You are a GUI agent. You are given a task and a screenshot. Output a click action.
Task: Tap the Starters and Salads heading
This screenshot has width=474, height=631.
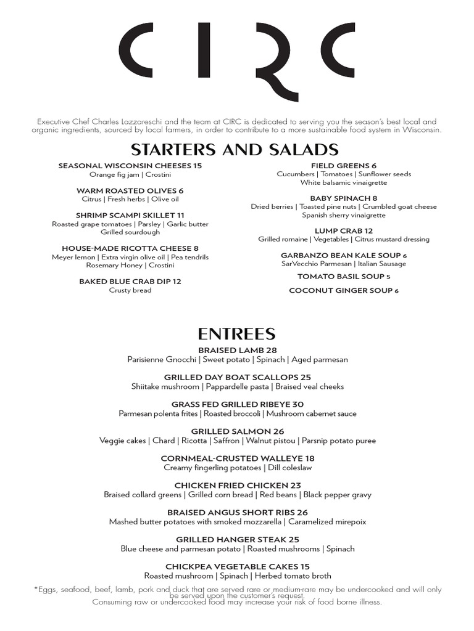(235, 149)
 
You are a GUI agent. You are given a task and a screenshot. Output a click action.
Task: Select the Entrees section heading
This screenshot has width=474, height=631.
(236, 333)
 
